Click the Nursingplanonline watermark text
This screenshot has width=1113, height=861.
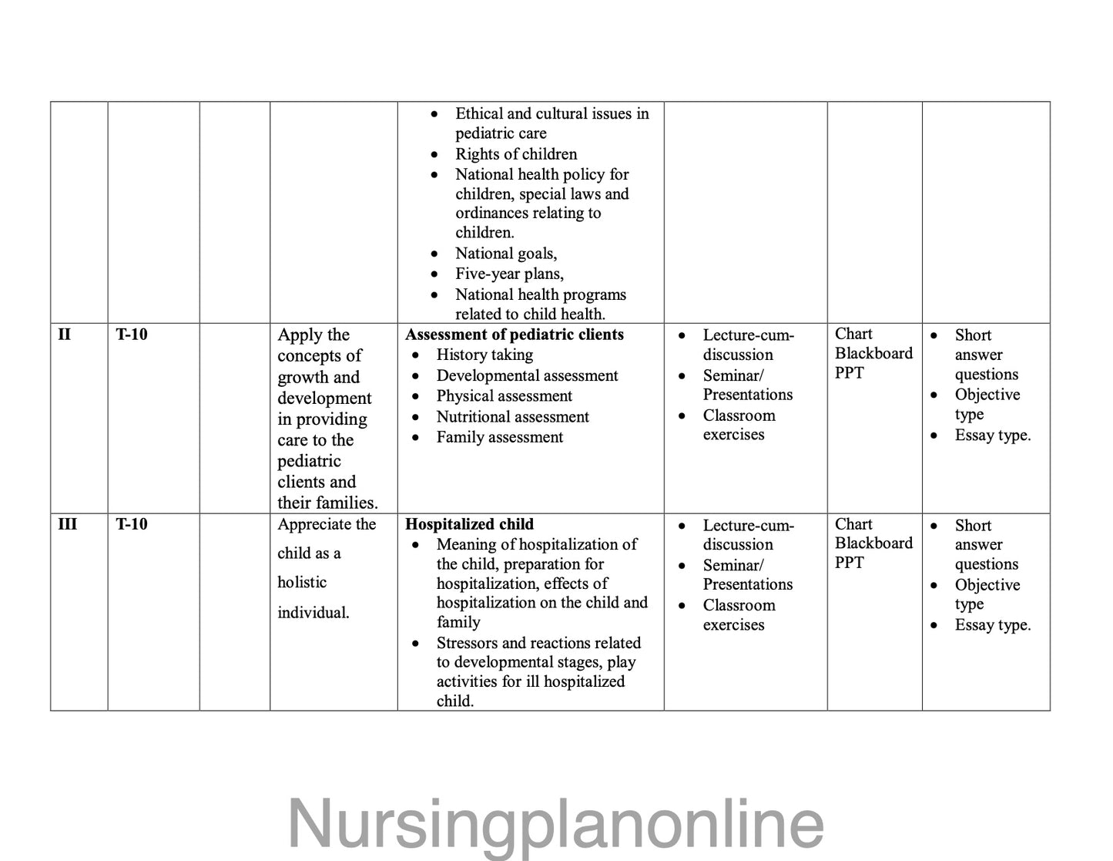click(555, 823)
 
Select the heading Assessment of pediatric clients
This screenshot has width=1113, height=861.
click(515, 335)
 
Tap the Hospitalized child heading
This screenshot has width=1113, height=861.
click(469, 524)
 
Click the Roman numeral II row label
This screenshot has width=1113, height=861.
click(65, 335)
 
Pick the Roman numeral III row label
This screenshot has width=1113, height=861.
click(67, 524)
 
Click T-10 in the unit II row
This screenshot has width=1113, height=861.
click(132, 335)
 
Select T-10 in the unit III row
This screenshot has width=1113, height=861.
click(132, 524)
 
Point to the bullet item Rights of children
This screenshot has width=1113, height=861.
click(515, 154)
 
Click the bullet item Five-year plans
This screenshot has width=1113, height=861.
click(509, 274)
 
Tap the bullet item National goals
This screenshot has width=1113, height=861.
click(505, 254)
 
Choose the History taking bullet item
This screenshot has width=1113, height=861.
click(484, 355)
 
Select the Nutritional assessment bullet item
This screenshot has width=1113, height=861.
click(512, 417)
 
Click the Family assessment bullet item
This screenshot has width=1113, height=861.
click(499, 437)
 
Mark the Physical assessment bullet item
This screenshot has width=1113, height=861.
click(504, 396)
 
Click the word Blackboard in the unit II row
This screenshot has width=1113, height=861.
click(873, 353)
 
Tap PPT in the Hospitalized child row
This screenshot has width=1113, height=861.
click(850, 563)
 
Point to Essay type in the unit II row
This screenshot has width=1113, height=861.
click(992, 436)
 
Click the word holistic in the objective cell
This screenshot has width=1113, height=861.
click(302, 583)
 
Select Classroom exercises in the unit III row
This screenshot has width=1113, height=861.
click(739, 615)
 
